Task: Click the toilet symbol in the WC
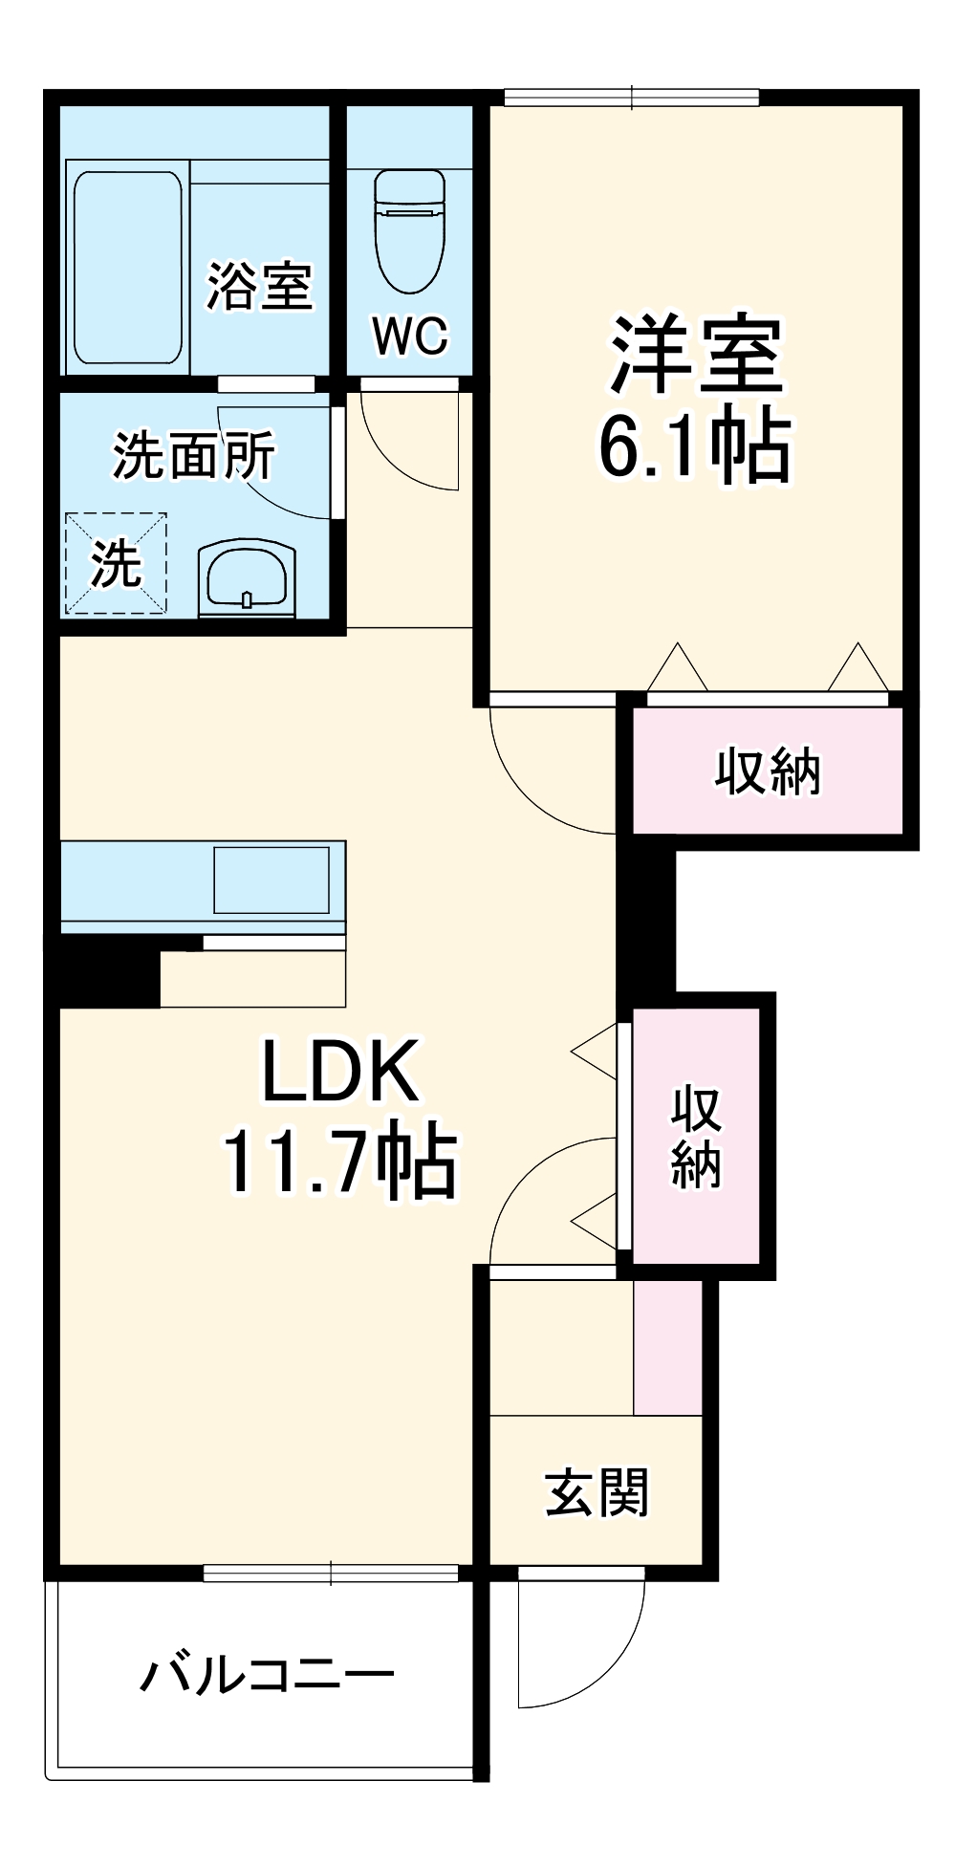coord(409,231)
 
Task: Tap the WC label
coord(410,336)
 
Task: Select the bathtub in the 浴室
coord(127,268)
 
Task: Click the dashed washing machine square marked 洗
coord(116,563)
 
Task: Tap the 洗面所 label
coord(194,456)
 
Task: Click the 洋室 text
coord(696,355)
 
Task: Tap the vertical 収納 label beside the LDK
coord(695,1137)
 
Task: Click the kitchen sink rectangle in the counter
coord(271,880)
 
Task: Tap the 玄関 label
coord(597,1492)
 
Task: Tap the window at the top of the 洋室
coord(632,97)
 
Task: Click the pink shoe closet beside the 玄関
coord(667,1348)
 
